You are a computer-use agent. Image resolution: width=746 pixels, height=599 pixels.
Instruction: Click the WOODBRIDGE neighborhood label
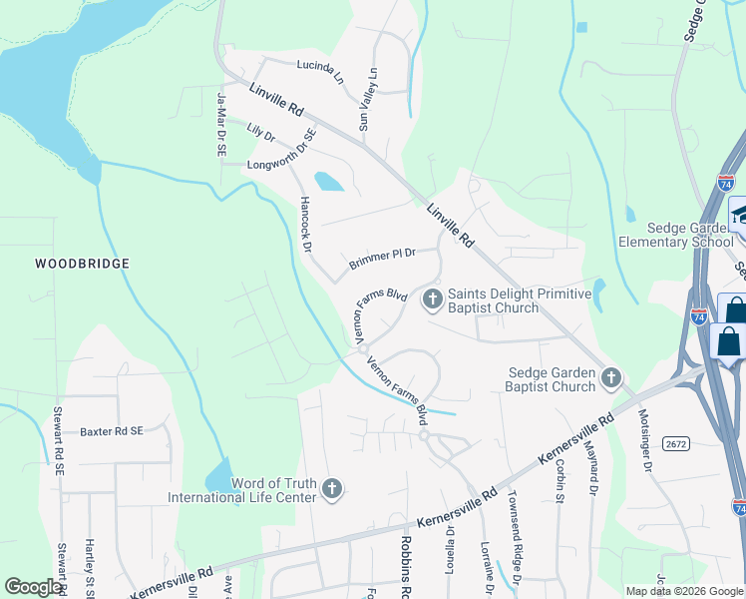(82, 264)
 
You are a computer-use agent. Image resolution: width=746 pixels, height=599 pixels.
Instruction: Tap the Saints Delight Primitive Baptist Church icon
(433, 298)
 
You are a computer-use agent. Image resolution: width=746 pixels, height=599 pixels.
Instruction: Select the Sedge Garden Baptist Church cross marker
(611, 377)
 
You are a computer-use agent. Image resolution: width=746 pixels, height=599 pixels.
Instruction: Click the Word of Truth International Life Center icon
(332, 489)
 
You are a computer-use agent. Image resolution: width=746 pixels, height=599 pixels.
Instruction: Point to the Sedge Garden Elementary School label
(675, 235)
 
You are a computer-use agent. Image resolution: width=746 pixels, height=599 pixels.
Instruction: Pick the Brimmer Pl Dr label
(382, 259)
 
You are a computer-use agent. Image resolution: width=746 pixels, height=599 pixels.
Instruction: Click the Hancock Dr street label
(306, 225)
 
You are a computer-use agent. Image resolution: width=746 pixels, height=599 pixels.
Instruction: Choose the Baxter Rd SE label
(112, 430)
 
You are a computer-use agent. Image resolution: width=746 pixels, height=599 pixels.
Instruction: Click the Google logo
(33, 587)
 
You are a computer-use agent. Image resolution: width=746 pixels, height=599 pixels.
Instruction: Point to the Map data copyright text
(684, 590)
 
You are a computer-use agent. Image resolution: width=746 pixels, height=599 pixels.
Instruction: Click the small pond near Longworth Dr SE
(328, 182)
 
